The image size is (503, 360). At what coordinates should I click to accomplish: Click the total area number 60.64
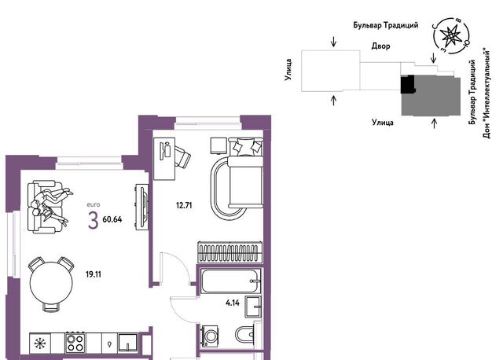112,219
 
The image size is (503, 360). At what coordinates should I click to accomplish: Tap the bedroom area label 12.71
184,205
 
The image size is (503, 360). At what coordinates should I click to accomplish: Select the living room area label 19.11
94,274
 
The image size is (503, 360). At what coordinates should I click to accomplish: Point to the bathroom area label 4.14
233,303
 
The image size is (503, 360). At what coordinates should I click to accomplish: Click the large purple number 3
93,221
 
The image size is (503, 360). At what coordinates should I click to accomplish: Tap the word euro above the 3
94,204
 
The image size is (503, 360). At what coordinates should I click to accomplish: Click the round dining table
51,283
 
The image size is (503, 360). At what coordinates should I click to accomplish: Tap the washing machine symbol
211,336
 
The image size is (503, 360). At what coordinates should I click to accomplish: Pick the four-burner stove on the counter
75,343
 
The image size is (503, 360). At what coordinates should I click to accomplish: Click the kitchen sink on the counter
128,343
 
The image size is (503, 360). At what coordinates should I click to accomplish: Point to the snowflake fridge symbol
40,343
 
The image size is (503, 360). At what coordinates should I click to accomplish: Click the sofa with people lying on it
45,207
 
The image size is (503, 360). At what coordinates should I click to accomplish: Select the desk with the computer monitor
164,159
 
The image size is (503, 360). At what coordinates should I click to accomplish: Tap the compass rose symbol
451,35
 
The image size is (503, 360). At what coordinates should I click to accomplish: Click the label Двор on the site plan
380,46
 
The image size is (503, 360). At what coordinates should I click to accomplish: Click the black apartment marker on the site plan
408,84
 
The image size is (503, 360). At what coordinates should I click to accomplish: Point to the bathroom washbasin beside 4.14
253,307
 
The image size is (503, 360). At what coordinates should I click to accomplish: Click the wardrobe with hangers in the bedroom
229,252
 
